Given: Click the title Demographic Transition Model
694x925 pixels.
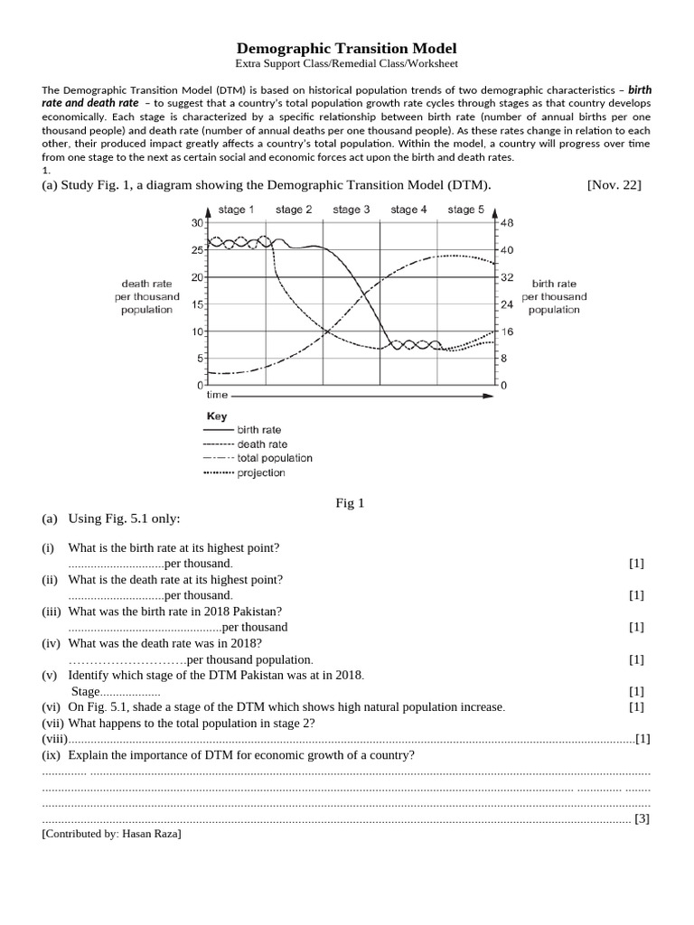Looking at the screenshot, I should [x=347, y=48].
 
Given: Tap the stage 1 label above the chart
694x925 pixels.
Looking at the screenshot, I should [x=236, y=210].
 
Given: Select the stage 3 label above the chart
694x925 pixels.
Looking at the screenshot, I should [x=352, y=210].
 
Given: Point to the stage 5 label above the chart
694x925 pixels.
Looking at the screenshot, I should [x=465, y=210].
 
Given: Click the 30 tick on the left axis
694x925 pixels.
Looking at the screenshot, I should [x=198, y=222].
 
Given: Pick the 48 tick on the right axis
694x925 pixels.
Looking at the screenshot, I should [x=507, y=222].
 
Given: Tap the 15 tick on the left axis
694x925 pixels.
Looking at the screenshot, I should [x=198, y=304].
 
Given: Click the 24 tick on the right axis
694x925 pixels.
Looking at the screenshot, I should [x=507, y=304].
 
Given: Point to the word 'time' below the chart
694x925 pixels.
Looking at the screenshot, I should [x=217, y=396].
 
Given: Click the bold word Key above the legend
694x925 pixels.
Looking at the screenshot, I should [x=217, y=416].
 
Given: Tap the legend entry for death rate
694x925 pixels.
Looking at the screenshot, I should [x=262, y=444].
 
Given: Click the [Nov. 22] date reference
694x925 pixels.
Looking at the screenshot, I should [x=614, y=185].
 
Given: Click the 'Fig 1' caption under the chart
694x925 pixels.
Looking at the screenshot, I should [x=348, y=503].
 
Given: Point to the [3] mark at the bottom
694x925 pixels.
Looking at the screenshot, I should [x=642, y=819].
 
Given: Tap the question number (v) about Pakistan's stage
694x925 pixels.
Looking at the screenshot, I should [x=49, y=676].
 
